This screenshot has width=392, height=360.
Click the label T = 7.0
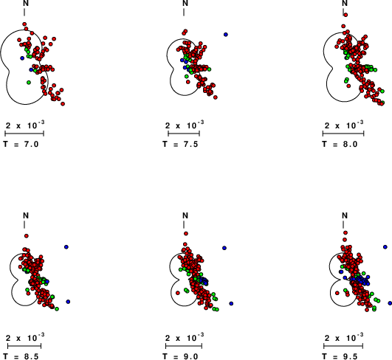(x=21, y=144)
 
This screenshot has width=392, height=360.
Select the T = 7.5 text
(x=180, y=144)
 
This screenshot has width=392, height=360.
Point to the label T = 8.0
(x=340, y=144)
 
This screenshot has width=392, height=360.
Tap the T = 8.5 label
(x=21, y=356)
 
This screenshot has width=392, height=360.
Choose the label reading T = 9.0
(x=180, y=356)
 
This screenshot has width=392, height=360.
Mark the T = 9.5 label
(x=340, y=356)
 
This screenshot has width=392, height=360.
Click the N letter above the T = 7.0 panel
(x=26, y=3)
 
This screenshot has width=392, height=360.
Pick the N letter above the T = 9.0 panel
(x=185, y=215)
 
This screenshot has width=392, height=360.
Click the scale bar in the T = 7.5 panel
(x=184, y=134)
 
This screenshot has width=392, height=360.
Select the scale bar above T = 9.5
(x=343, y=346)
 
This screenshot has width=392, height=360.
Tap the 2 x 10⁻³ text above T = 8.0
(x=344, y=125)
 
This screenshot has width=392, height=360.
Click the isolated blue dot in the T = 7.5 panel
(x=226, y=35)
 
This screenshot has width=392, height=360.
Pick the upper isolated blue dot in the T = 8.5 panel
(x=66, y=247)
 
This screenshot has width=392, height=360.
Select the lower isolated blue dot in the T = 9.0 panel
(x=231, y=303)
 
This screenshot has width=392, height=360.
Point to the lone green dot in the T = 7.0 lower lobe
(x=29, y=82)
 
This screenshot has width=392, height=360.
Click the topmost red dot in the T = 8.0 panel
(x=345, y=15)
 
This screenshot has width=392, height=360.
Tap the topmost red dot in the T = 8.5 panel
(x=27, y=236)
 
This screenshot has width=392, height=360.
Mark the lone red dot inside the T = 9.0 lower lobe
(x=178, y=293)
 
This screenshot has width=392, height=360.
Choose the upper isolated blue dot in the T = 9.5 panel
(x=385, y=247)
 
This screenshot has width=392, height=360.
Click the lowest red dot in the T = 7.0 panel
(x=63, y=104)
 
